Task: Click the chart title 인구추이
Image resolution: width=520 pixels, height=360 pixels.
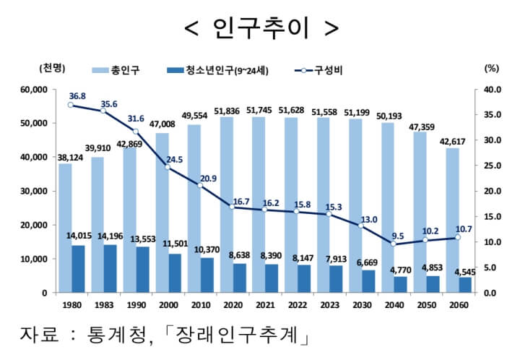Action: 260,27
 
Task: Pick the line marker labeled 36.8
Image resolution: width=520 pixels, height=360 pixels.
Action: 71,106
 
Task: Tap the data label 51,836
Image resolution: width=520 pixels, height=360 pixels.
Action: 231,109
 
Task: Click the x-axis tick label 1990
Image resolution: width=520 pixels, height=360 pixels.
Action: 135,304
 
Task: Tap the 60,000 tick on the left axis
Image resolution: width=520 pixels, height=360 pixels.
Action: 32,90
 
